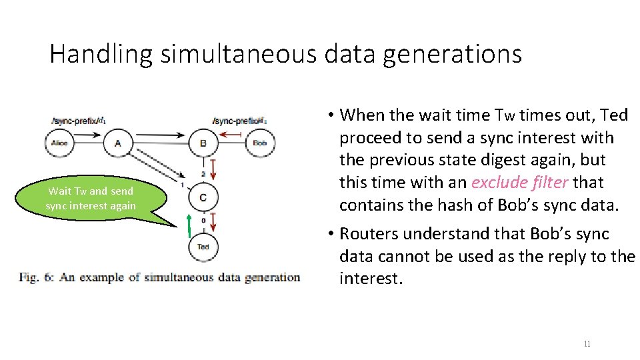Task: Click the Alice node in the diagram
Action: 59,143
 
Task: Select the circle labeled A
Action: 118,143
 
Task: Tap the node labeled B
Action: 203,143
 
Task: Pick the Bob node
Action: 260,143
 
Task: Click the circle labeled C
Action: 203,197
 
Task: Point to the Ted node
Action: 203,247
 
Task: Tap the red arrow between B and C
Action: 212,169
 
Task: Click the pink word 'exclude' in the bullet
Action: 495,183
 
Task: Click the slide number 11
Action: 587,344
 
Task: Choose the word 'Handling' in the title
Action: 101,54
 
